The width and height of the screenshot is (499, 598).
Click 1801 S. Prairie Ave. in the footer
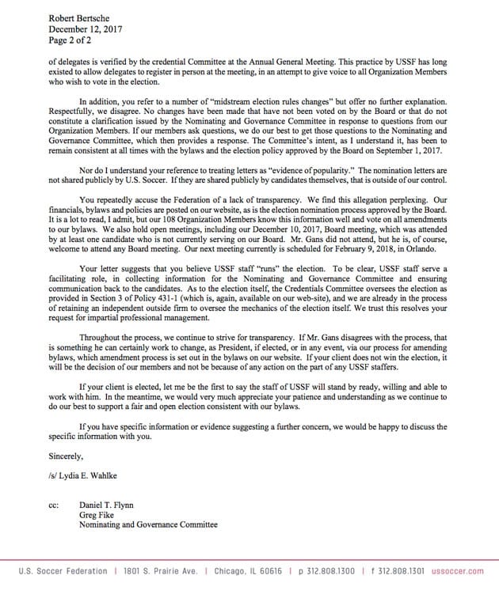point(162,571)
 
